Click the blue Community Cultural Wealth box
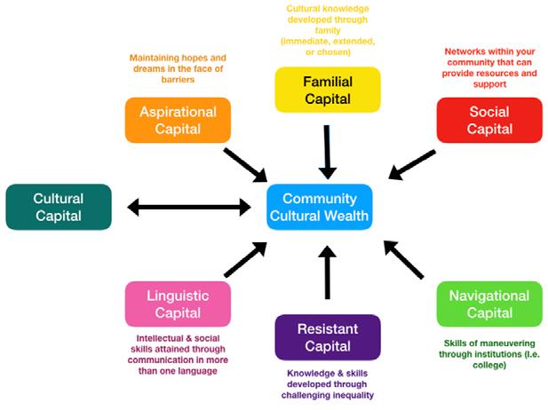click(319, 207)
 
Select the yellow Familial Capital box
click(328, 90)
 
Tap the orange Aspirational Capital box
click(178, 120)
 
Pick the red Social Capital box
click(488, 120)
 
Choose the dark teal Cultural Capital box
click(59, 207)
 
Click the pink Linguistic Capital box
click(178, 304)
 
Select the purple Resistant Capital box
click(328, 337)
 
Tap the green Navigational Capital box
click(488, 304)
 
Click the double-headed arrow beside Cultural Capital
click(189, 208)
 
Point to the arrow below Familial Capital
click(328, 151)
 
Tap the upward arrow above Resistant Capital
click(328, 271)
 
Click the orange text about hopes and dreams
click(178, 68)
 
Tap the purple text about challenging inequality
click(328, 385)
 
